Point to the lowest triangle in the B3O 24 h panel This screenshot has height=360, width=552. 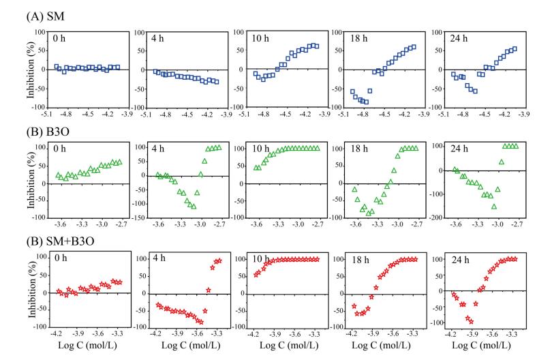pos(494,206)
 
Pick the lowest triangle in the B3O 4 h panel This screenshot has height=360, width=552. pos(194,206)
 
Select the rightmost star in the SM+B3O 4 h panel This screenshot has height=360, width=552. pos(219,260)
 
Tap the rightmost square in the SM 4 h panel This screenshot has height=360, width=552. pos(216,82)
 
